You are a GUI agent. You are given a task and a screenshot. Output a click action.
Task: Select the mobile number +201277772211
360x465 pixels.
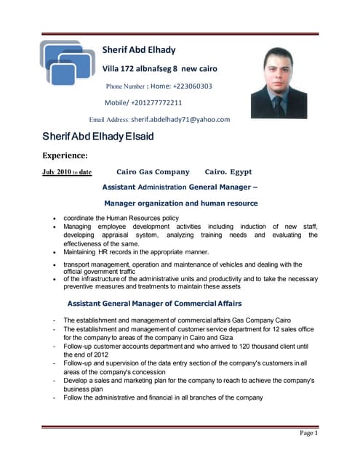[156, 102]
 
